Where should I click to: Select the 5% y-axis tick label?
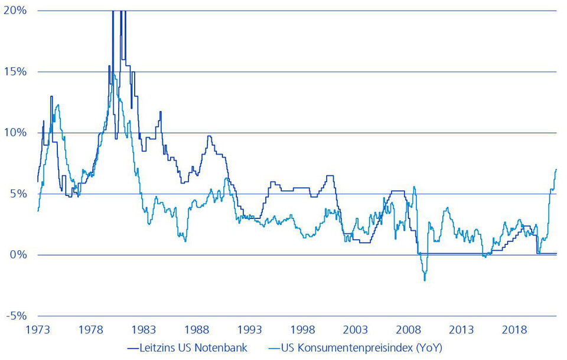[16, 194]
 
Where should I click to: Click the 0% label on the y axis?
[16, 255]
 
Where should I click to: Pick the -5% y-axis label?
[14, 316]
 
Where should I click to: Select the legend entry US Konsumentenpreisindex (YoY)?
[358, 348]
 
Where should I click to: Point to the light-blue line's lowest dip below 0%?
[425, 280]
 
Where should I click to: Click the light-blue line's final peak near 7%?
[556, 169]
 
